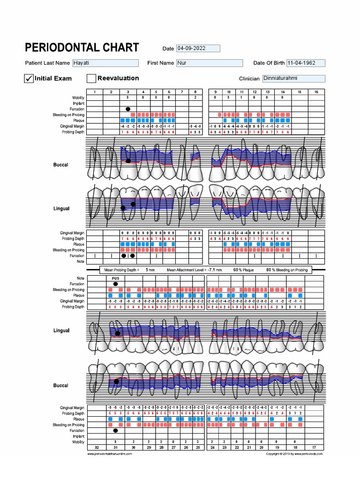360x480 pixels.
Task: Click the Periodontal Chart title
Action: (82, 47)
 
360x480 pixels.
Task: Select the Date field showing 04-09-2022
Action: (197, 48)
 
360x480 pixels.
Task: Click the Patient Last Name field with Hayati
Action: (105, 63)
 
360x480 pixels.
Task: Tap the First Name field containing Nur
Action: (209, 63)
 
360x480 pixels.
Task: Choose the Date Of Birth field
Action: (305, 63)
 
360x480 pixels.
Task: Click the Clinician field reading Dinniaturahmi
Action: (293, 79)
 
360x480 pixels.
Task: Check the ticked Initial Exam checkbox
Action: (29, 78)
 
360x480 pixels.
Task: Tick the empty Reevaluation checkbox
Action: (91, 78)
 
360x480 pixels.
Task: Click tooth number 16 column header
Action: (316, 92)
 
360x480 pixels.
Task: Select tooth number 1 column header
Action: (94, 92)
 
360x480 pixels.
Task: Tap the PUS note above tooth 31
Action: (115, 278)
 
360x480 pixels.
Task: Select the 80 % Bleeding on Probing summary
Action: (287, 270)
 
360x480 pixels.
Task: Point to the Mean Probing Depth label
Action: (120, 270)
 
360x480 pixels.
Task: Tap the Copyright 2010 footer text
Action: (294, 454)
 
